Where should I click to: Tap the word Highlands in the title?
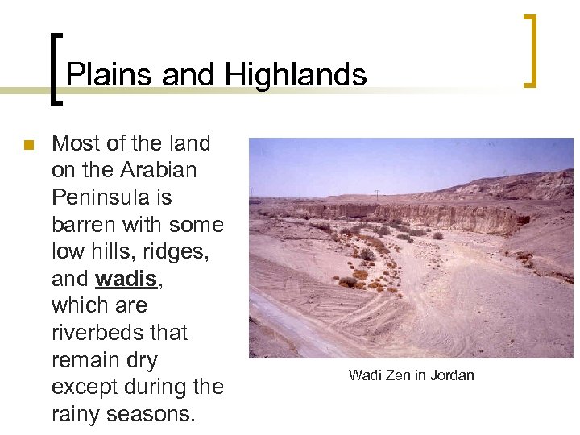click(296, 75)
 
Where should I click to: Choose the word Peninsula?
click(111, 197)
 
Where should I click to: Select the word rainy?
click(77, 414)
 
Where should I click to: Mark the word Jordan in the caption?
click(452, 375)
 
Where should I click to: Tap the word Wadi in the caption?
click(363, 375)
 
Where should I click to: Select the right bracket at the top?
click(530, 50)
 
